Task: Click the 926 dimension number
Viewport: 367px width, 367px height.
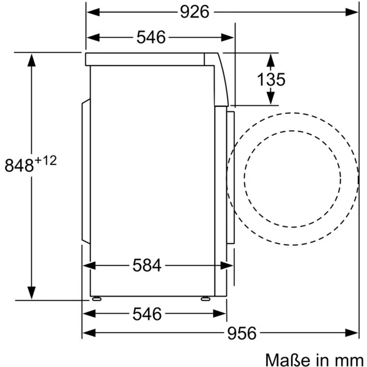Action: [x=195, y=12]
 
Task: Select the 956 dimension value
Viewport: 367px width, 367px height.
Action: [x=242, y=333]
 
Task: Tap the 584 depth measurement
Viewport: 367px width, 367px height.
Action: [x=147, y=265]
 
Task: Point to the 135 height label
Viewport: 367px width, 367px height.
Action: [x=271, y=80]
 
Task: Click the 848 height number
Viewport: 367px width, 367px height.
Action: [x=19, y=165]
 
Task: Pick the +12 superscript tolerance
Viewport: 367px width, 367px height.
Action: [x=46, y=161]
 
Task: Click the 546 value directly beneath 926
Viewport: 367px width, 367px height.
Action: [x=151, y=37]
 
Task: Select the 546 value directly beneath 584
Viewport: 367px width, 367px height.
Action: [x=147, y=314]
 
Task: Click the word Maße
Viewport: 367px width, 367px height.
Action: [x=289, y=360]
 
